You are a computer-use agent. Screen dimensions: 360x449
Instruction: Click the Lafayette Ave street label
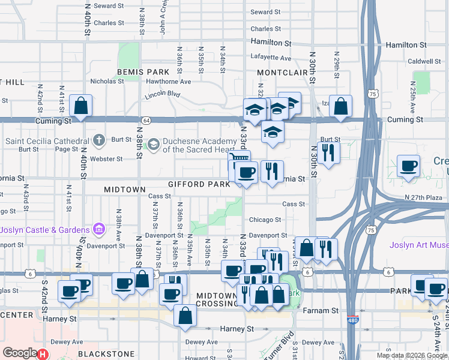(x=270, y=58)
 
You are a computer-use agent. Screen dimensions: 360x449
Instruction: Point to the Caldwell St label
(x=424, y=61)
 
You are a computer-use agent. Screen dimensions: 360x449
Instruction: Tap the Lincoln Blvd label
(x=163, y=95)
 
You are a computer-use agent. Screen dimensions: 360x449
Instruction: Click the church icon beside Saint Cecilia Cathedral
(x=100, y=141)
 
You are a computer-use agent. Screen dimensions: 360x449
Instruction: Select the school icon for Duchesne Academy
(x=154, y=144)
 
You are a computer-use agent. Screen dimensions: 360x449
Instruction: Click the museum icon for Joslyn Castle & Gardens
(x=100, y=229)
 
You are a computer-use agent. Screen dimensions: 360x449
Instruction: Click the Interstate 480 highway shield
(x=353, y=321)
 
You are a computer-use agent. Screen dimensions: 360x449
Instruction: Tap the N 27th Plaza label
(x=424, y=197)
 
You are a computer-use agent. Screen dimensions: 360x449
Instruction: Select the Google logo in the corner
(x=20, y=353)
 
